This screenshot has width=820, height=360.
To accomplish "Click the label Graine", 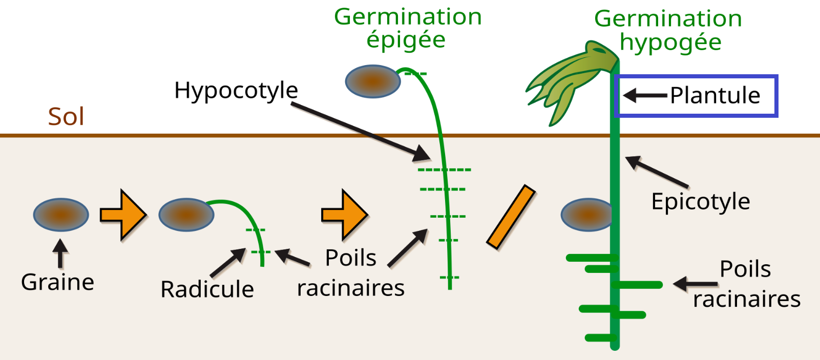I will point(57,282).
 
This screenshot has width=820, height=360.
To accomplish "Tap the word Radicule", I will point(207,289).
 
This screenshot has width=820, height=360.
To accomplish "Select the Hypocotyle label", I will point(236,91).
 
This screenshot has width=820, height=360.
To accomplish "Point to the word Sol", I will point(66,117).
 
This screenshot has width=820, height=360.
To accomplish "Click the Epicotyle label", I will point(700,202).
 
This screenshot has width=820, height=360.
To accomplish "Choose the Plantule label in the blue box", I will point(715,96).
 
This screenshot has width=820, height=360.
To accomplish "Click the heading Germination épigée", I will point(408,28).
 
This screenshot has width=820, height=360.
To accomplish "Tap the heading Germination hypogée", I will point(668,30).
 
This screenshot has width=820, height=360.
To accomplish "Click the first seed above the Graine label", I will point(61,215).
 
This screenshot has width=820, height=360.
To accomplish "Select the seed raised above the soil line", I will point(373,81).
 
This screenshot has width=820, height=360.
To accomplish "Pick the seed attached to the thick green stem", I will point(587,215).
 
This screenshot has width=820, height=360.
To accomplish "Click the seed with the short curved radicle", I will point(186,215).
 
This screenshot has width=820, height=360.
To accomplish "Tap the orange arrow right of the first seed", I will point(123,215).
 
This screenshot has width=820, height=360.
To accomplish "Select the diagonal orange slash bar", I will point(511,217).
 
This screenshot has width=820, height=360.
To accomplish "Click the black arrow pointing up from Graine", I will point(61,253).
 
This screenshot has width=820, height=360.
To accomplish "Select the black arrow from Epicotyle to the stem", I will point(657,172).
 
